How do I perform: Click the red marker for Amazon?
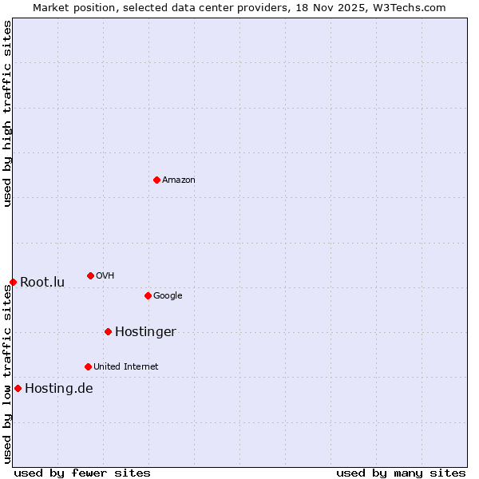coord(156,180)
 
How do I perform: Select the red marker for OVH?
coord(90,275)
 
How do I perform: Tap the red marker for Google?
coord(148,295)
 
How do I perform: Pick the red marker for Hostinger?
coord(108,331)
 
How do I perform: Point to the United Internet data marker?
coord(88,366)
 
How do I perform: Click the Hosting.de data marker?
coord(18,388)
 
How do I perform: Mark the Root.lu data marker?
coord(13,282)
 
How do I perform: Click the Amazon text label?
coord(179,180)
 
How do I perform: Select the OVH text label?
coord(105,276)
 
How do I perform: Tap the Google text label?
coord(168,296)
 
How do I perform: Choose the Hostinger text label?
coord(145,332)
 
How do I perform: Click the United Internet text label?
coord(126,367)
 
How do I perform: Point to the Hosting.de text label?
coord(59,389)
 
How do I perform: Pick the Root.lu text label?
coord(42,283)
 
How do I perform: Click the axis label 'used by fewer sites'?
coord(82,473)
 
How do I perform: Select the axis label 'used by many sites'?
coord(401,473)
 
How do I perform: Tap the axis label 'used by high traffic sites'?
coord(8,113)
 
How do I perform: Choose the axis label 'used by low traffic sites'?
coord(8,374)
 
